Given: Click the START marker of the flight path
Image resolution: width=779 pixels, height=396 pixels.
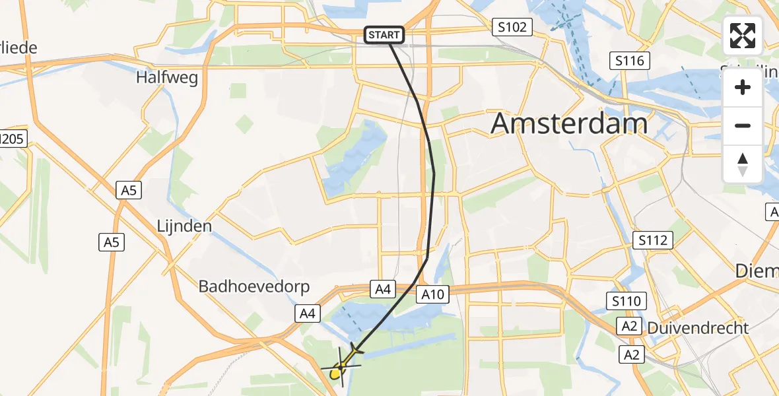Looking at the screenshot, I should tap(384, 35).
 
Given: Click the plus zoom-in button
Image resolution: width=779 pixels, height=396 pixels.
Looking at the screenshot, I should tap(743, 88).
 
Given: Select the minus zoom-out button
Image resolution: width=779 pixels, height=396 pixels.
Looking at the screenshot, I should tap(743, 125).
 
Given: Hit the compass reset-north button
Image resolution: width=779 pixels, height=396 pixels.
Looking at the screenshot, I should tap(743, 164).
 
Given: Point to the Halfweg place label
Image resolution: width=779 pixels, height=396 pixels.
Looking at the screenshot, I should tap(166, 77).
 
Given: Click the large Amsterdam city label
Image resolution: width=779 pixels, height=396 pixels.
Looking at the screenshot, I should tap(569, 123).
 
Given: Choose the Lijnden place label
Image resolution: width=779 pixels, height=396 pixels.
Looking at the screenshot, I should tap(184, 226).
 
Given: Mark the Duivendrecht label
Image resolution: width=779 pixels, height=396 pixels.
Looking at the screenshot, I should tap(698, 328).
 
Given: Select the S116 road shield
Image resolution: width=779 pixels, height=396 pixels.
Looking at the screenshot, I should tap(629, 61).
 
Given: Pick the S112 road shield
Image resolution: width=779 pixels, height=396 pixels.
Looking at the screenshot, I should tap(652, 240).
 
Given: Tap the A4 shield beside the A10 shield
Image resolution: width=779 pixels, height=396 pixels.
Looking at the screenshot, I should tap(384, 288).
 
